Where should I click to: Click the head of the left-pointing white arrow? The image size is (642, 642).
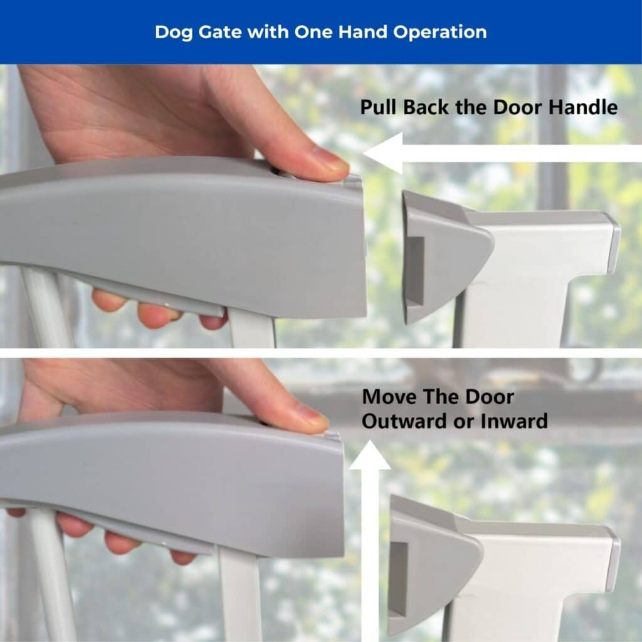pos(383,154)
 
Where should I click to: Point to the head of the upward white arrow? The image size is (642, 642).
pos(370,455)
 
